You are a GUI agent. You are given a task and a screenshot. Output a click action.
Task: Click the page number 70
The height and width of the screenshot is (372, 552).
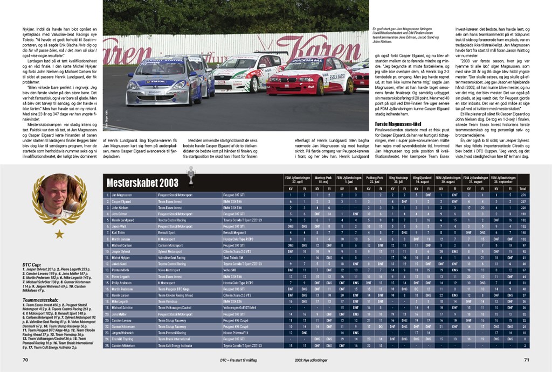(25, 360)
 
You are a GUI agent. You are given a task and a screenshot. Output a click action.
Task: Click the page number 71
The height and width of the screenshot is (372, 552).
(526, 360)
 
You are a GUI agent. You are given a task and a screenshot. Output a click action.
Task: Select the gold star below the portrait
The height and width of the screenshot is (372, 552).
(59, 234)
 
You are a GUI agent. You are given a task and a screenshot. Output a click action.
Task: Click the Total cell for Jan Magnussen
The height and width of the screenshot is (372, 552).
(522, 194)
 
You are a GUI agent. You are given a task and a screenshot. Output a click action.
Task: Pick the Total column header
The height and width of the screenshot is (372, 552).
(522, 189)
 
